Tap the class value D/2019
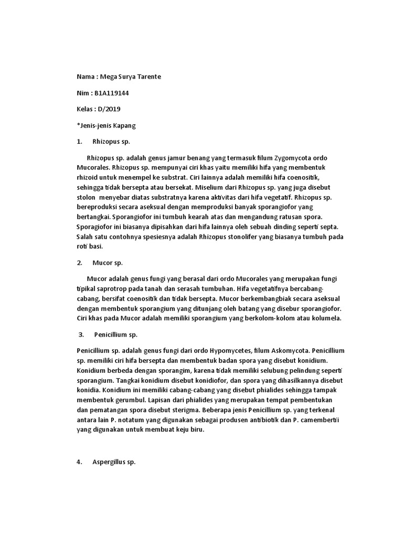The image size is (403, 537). (x=117, y=109)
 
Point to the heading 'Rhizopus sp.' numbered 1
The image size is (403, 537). (x=111, y=142)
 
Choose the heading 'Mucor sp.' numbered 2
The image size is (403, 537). (x=107, y=262)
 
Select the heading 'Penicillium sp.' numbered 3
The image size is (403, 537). (x=116, y=334)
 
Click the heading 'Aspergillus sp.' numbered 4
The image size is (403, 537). (x=114, y=462)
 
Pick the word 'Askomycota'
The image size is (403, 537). (x=289, y=350)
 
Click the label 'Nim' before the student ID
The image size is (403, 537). (x=83, y=93)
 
